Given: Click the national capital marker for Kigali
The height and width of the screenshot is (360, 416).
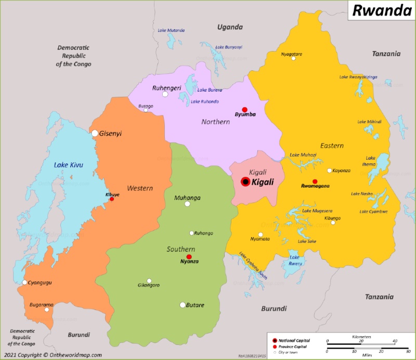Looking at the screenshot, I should point(245,182).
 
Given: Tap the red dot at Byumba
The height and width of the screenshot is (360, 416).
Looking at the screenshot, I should point(244,109).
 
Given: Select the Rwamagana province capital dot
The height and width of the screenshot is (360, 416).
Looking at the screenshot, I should point(315,181).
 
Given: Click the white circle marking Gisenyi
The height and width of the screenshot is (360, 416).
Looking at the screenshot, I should point(95,133).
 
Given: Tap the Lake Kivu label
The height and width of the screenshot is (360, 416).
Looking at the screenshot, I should point(69,165).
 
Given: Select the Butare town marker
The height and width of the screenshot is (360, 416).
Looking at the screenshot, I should point(183,305).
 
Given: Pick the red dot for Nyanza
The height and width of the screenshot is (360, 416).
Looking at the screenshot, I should point(189,256).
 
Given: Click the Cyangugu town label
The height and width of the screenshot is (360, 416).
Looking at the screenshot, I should point(40,282).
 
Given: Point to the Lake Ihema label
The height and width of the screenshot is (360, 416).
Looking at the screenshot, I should point(370,161).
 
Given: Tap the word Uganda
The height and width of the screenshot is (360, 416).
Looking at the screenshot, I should point(230,27).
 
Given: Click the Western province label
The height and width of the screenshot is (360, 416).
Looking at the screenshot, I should point(140,188).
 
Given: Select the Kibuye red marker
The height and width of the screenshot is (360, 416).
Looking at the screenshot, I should point(112,199).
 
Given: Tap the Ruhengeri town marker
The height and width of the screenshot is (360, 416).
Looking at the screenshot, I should point(165,94).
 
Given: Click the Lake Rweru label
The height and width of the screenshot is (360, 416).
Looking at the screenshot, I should point(295,260).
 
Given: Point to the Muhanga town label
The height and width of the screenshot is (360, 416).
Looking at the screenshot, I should point(187,198).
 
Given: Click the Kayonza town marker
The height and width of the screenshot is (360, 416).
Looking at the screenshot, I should point(329,171).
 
